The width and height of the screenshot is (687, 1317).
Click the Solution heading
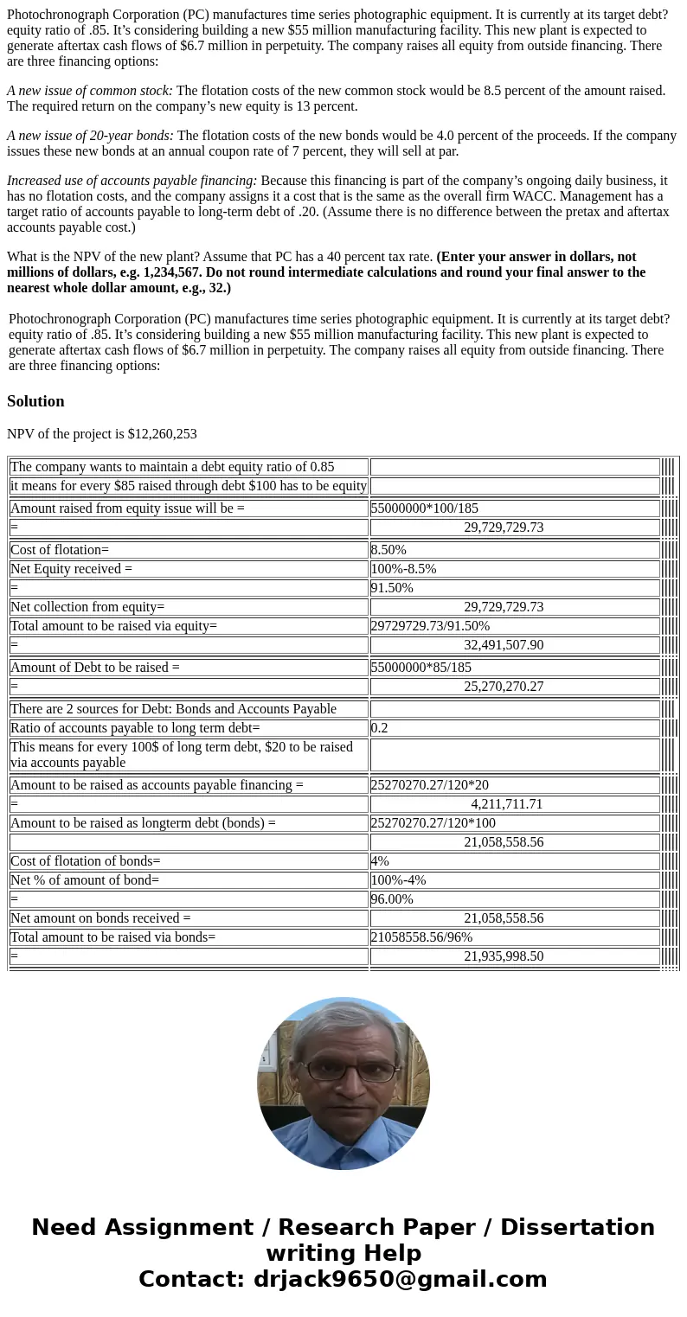pyautogui.click(x=35, y=401)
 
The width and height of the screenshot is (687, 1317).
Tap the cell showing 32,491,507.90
pyautogui.click(x=504, y=645)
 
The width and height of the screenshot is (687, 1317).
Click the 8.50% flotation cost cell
pyautogui.click(x=388, y=550)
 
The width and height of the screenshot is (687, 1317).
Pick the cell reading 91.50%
pyautogui.click(x=392, y=588)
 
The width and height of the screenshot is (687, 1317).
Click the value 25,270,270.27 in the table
pyautogui.click(x=504, y=687)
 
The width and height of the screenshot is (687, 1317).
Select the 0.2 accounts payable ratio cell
pyautogui.click(x=379, y=728)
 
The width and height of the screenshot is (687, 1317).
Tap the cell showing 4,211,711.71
pyautogui.click(x=507, y=804)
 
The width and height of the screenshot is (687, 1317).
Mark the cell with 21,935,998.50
pyautogui.click(x=504, y=956)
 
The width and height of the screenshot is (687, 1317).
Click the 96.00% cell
pyautogui.click(x=392, y=899)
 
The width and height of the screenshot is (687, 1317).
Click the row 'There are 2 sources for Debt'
pyautogui.click(x=173, y=709)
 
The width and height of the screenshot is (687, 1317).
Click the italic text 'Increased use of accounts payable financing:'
pyautogui.click(x=132, y=181)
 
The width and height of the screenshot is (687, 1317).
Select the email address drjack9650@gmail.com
pyautogui.click(x=400, y=1279)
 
